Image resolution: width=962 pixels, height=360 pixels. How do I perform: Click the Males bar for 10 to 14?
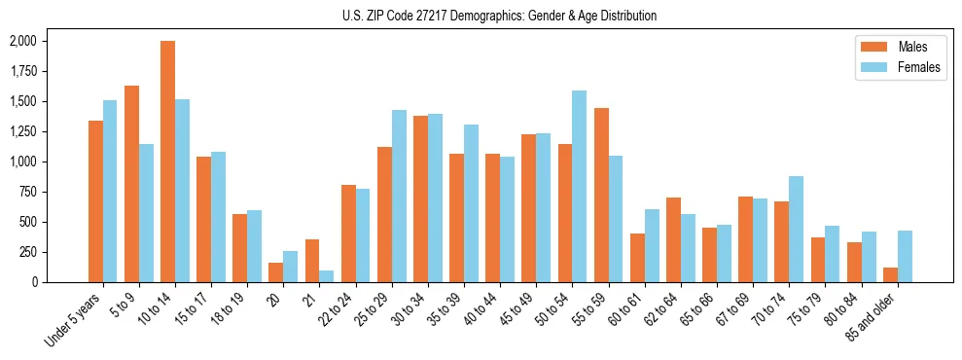(x=167, y=162)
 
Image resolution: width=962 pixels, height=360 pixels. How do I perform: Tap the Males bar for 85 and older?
(x=890, y=274)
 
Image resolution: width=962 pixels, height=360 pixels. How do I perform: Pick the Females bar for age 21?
(x=326, y=276)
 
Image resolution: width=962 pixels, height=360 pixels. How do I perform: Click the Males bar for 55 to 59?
(x=601, y=195)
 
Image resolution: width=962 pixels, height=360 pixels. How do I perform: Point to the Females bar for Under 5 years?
(x=110, y=192)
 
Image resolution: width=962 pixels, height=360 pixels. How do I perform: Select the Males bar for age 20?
(x=275, y=272)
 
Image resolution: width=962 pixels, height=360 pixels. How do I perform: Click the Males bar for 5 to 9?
(x=131, y=184)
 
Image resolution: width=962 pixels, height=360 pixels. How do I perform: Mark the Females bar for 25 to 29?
(x=399, y=197)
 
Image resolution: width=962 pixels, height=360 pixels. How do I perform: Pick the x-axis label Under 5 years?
(x=76, y=318)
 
